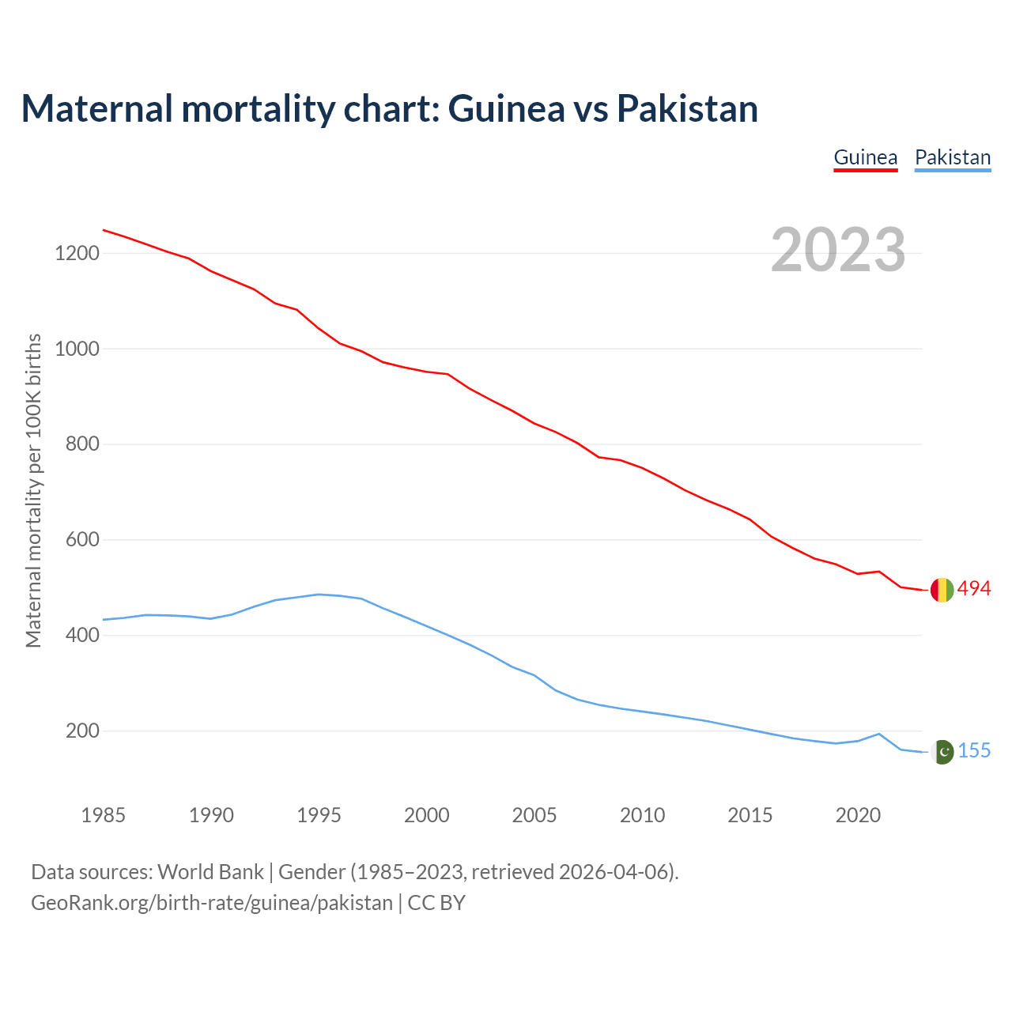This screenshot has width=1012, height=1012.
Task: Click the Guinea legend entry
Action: [x=866, y=157]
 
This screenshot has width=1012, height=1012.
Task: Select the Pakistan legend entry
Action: [x=953, y=157]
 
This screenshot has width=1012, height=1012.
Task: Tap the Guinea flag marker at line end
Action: [x=942, y=590]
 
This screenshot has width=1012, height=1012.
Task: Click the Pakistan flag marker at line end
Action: [x=942, y=752]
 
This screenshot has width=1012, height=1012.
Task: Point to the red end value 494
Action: [x=974, y=589]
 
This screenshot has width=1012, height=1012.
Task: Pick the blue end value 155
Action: [x=975, y=751]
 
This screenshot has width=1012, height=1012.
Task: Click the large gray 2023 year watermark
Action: [x=838, y=250]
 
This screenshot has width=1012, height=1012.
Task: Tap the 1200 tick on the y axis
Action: [x=77, y=254]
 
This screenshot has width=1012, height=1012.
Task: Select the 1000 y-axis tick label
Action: [x=77, y=349]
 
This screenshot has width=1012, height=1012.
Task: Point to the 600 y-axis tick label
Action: [x=82, y=540]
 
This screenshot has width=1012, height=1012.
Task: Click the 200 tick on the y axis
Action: [x=82, y=731]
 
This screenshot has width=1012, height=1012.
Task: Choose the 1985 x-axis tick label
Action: [x=104, y=815]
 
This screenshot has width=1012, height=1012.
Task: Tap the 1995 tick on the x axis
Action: [x=319, y=815]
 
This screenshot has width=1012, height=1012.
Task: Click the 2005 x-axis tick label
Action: [x=534, y=815]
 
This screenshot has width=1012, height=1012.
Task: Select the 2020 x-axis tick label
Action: [x=858, y=815]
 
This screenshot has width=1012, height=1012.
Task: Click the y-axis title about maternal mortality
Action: [x=33, y=490]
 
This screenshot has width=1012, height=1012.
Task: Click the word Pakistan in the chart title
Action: [x=687, y=108]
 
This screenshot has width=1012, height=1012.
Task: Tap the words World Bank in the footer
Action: [x=210, y=872]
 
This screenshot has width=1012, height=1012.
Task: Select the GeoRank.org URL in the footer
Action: [x=212, y=903]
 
